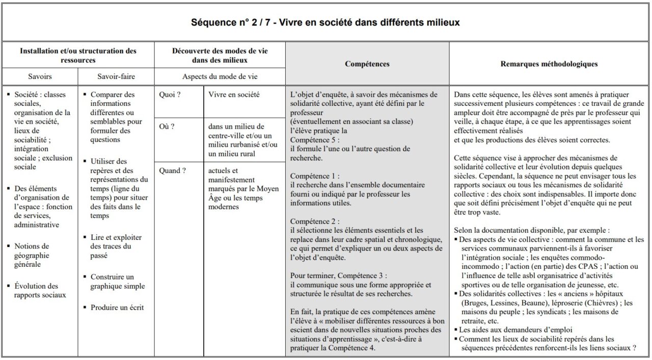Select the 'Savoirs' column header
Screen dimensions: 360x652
[40, 77]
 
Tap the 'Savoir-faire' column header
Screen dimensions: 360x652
[116, 77]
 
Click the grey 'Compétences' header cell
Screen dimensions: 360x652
[367, 64]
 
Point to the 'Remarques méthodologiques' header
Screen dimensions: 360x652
[549, 64]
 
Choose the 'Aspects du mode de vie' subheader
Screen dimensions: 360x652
[220, 77]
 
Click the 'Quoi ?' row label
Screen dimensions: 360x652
[170, 94]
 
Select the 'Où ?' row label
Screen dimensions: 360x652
[167, 126]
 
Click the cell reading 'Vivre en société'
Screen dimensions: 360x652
[234, 94]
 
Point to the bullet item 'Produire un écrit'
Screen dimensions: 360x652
[117, 307]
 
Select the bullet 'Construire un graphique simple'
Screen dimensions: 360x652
[118, 282]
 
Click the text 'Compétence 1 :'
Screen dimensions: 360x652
[314, 176]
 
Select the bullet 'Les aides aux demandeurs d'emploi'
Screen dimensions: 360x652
[515, 329]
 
